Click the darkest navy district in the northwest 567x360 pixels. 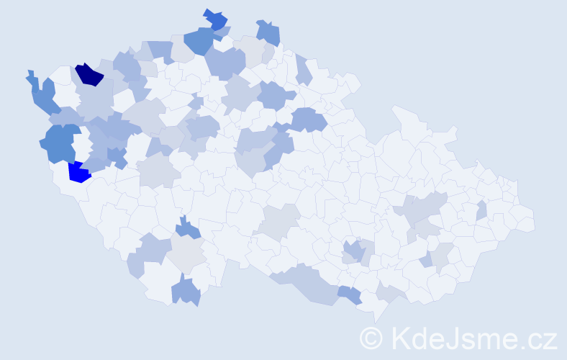pos(90,74)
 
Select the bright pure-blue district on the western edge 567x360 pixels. pos(78,173)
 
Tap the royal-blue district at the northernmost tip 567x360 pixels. pos(215,19)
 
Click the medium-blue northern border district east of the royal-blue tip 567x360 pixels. pos(268,32)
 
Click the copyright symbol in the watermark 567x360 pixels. pos(371,338)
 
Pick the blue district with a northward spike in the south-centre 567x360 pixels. pos(189,228)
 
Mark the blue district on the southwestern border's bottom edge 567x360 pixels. pos(186,292)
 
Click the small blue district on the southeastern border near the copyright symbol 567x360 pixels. pos(350,294)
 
